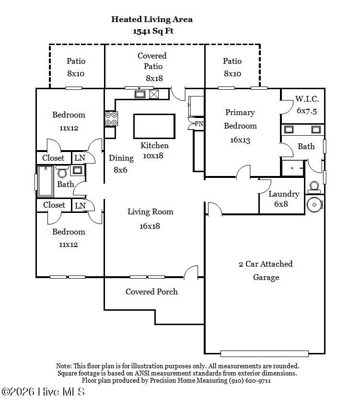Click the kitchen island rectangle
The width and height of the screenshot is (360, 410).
(x=154, y=126)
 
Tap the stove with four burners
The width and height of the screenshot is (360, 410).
(x=111, y=118)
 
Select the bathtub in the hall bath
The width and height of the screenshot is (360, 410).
(x=46, y=181)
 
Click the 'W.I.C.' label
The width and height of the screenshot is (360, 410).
(x=307, y=99)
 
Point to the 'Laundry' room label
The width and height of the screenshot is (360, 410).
(x=284, y=194)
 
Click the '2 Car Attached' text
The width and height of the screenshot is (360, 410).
(x=266, y=264)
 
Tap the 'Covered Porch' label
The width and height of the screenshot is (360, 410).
(x=151, y=292)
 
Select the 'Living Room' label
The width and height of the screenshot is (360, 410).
(x=150, y=211)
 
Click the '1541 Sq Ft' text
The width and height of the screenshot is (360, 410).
(x=152, y=31)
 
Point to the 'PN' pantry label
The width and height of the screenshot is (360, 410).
(x=199, y=124)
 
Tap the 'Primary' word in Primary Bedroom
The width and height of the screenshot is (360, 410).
(x=240, y=112)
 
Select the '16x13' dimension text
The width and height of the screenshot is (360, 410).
(x=240, y=141)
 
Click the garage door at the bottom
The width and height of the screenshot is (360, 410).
(x=265, y=354)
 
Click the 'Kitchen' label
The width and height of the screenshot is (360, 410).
(x=154, y=145)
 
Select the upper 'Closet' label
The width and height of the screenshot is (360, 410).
(x=54, y=158)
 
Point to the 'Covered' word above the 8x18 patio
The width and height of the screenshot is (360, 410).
(x=152, y=56)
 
